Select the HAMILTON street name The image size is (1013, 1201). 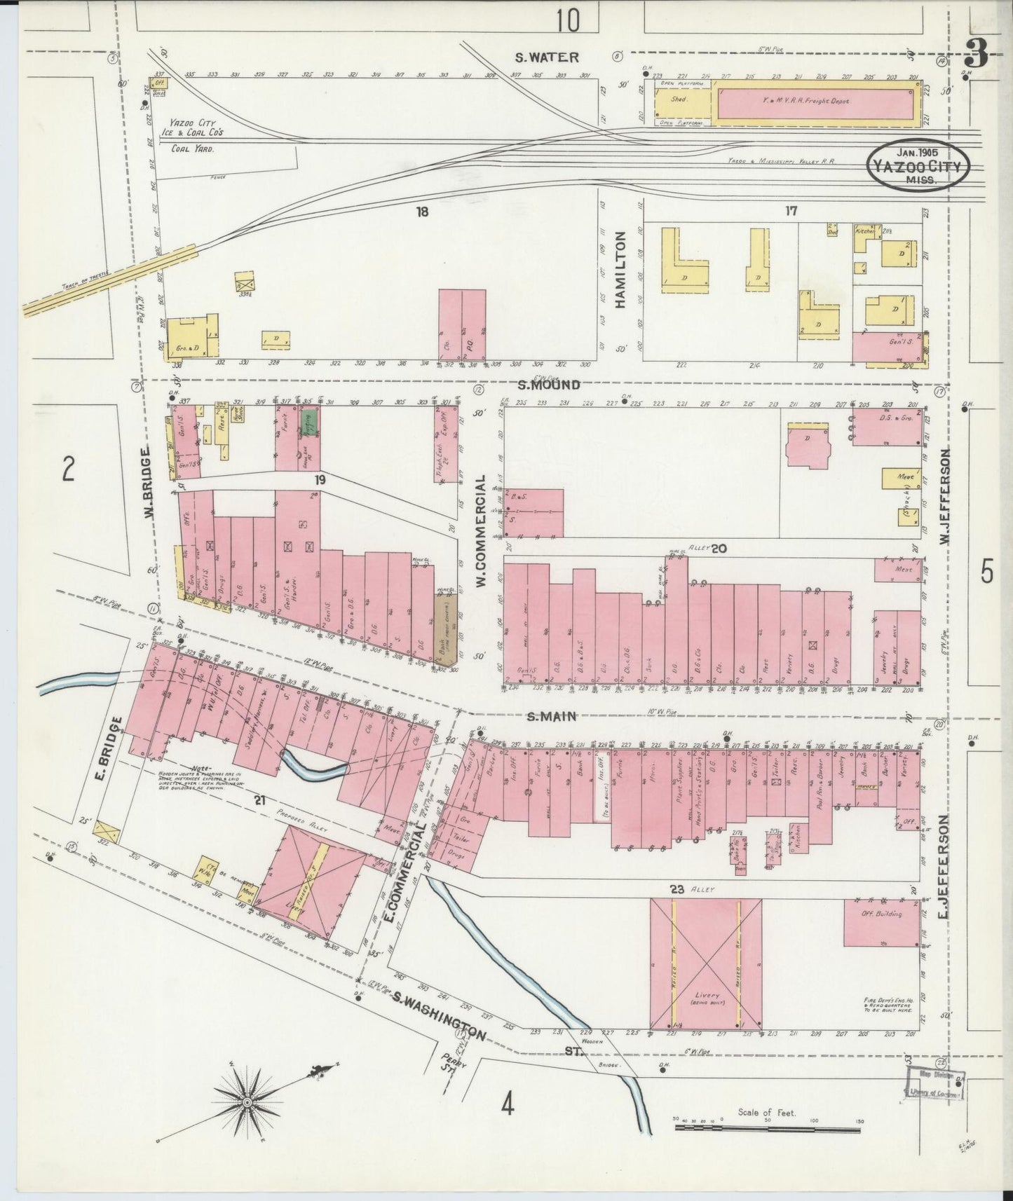(x=620, y=270)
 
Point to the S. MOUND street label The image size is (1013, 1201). (x=549, y=384)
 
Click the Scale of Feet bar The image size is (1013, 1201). (x=768, y=1127)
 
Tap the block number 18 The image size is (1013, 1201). (x=421, y=211)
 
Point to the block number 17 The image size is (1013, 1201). (x=791, y=210)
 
